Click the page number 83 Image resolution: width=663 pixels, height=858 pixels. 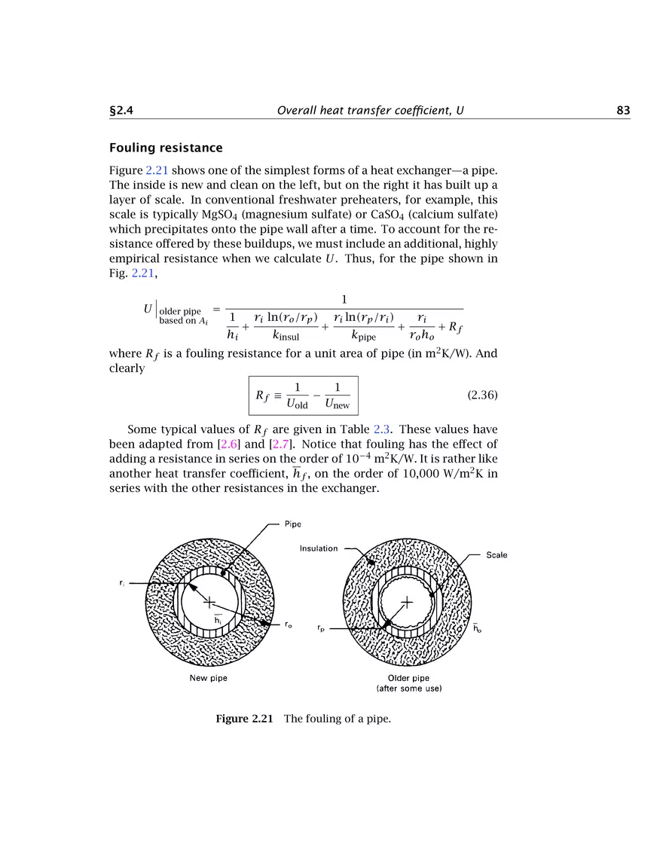point(622,111)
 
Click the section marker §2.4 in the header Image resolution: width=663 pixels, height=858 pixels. point(122,111)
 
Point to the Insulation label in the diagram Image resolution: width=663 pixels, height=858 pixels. point(319,548)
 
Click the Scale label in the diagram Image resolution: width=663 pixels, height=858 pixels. point(496,555)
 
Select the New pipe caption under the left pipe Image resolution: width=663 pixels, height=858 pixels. point(208,678)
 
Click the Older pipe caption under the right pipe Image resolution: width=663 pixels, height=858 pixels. point(409,678)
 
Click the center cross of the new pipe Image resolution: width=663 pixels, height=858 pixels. point(209,602)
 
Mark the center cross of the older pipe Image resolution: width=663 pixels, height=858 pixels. point(408,602)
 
